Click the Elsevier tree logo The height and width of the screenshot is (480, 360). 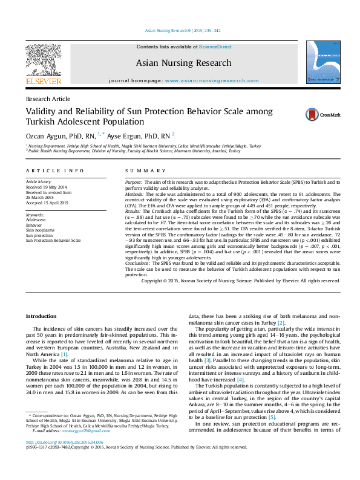click(x=43, y=60)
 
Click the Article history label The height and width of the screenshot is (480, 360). click(x=39, y=181)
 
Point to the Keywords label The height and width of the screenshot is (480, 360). click(x=34, y=215)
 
